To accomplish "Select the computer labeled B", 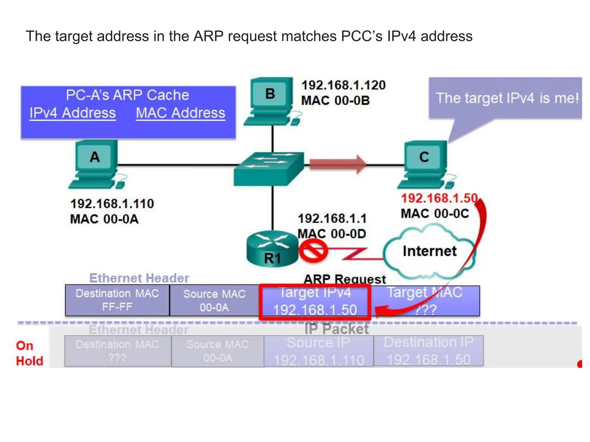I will pos(270,101).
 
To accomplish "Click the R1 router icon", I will pos(272,249).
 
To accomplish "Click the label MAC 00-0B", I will pos(335,101).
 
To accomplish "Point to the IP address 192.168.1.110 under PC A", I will pos(112,204).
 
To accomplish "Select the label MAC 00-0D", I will pos(332,234).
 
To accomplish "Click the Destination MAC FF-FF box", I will pos(117,300).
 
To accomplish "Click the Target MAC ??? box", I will pos(425,301).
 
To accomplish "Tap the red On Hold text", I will pos(29,353).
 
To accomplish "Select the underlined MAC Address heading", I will pos(180,113).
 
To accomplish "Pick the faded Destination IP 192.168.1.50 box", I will pos(428,351).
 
